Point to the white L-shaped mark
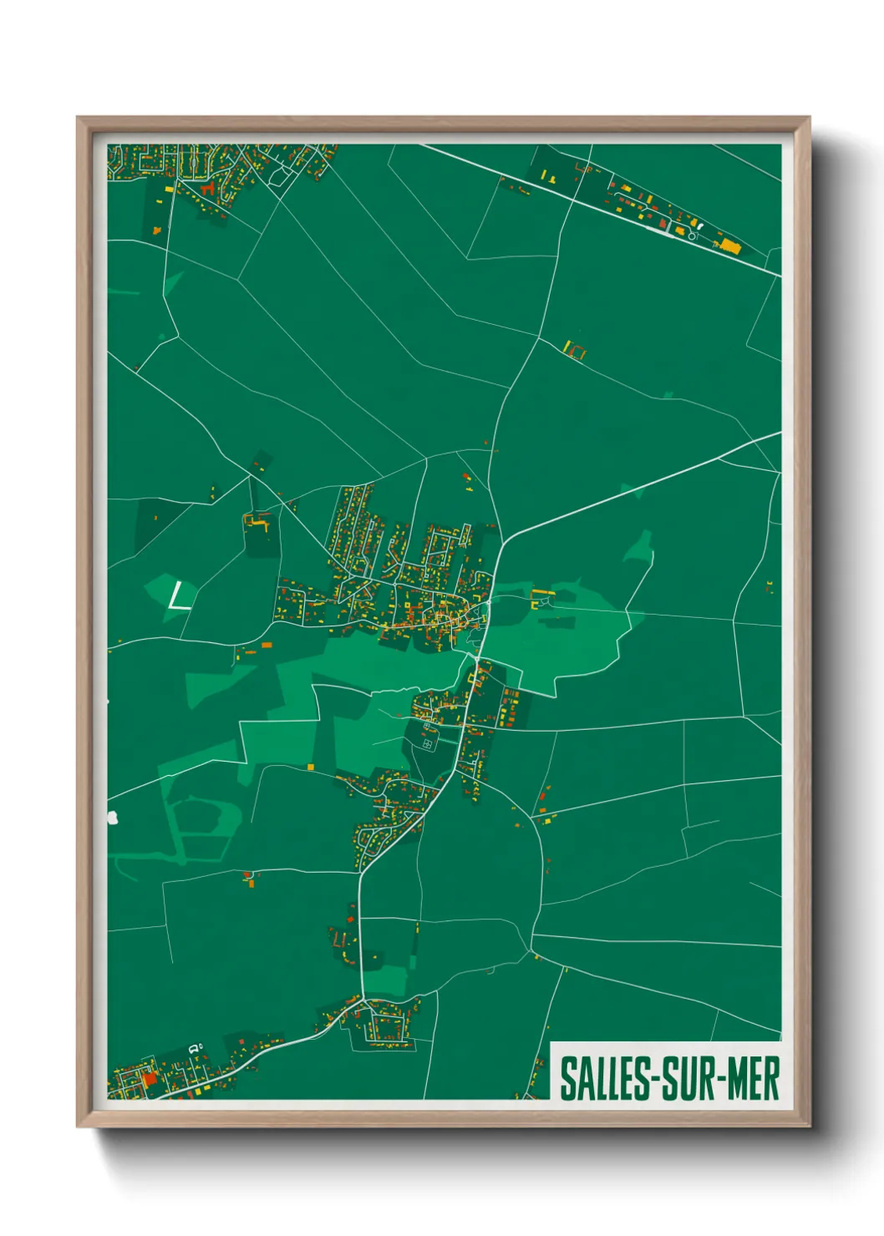click(x=178, y=598)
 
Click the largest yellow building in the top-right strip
click(x=731, y=245)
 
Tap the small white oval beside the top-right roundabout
click(x=699, y=226)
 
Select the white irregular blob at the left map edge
click(x=112, y=818)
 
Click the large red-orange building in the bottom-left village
click(x=150, y=1079)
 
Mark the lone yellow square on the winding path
click(x=310, y=766)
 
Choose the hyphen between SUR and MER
click(x=720, y=1079)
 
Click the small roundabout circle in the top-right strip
click(x=692, y=236)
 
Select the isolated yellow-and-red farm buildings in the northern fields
click(x=574, y=349)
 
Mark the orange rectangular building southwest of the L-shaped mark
click(x=267, y=645)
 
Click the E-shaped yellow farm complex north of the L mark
click(x=257, y=523)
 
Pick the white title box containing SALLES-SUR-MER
click(x=666, y=1071)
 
